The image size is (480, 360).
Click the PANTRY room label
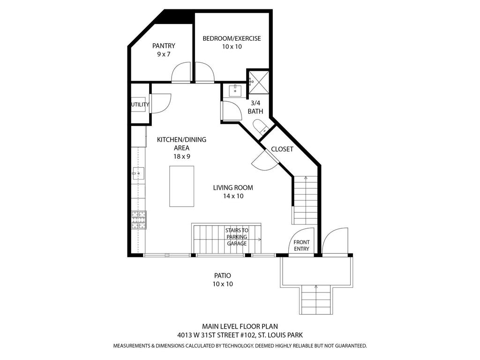[x=164, y=46]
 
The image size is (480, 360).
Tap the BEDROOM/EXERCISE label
[x=232, y=38]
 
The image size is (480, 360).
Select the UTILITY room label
[x=140, y=105]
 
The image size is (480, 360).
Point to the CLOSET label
[x=282, y=149]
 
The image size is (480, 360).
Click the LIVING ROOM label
[x=233, y=187]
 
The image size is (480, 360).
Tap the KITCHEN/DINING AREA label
[x=181, y=143]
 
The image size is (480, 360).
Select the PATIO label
[x=222, y=276]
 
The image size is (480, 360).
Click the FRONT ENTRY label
[x=301, y=245]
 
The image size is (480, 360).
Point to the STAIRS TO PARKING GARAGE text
[x=237, y=237]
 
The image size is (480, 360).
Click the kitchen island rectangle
[x=182, y=186]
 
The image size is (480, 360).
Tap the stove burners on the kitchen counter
[x=138, y=220]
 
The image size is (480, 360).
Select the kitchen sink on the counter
[x=137, y=173]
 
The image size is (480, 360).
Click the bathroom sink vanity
[x=235, y=90]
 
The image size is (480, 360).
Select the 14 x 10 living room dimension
[x=233, y=196]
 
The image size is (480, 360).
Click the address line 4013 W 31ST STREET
[x=240, y=335]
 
